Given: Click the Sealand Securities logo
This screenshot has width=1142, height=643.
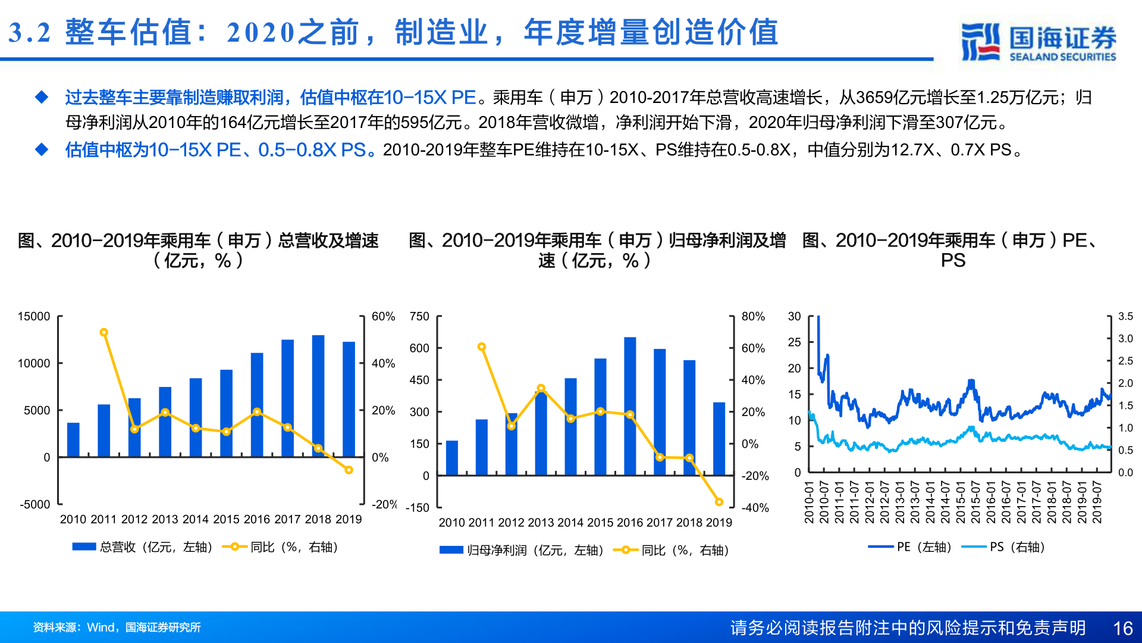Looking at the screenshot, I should click(x=1038, y=42).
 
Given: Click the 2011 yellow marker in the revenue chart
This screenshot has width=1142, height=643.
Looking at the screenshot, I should click(x=104, y=332).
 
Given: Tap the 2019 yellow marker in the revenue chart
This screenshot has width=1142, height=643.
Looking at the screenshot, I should click(x=349, y=470).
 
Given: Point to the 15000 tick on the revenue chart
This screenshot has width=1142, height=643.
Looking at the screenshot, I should click(x=34, y=316).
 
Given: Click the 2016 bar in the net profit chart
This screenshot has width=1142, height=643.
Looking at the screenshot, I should click(x=630, y=406).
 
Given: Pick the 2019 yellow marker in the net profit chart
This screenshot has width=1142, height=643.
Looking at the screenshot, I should click(x=719, y=502).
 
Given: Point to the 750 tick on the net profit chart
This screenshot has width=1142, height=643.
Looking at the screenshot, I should click(x=419, y=316).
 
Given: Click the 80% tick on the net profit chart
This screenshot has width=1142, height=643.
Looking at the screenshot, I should click(x=753, y=316).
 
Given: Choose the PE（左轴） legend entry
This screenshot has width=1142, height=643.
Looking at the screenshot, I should click(x=910, y=547).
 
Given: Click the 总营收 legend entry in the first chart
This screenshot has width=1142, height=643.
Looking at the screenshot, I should click(x=143, y=547).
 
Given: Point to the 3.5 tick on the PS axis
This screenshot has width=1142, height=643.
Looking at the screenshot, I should click(x=1125, y=316).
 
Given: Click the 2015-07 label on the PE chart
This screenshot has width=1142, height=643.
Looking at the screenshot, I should click(x=975, y=502).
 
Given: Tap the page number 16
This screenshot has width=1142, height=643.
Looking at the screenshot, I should click(x=1122, y=628).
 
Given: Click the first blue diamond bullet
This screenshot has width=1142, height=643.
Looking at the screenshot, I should click(x=42, y=97).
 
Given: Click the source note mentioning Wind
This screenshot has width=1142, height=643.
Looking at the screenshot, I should click(x=117, y=628).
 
